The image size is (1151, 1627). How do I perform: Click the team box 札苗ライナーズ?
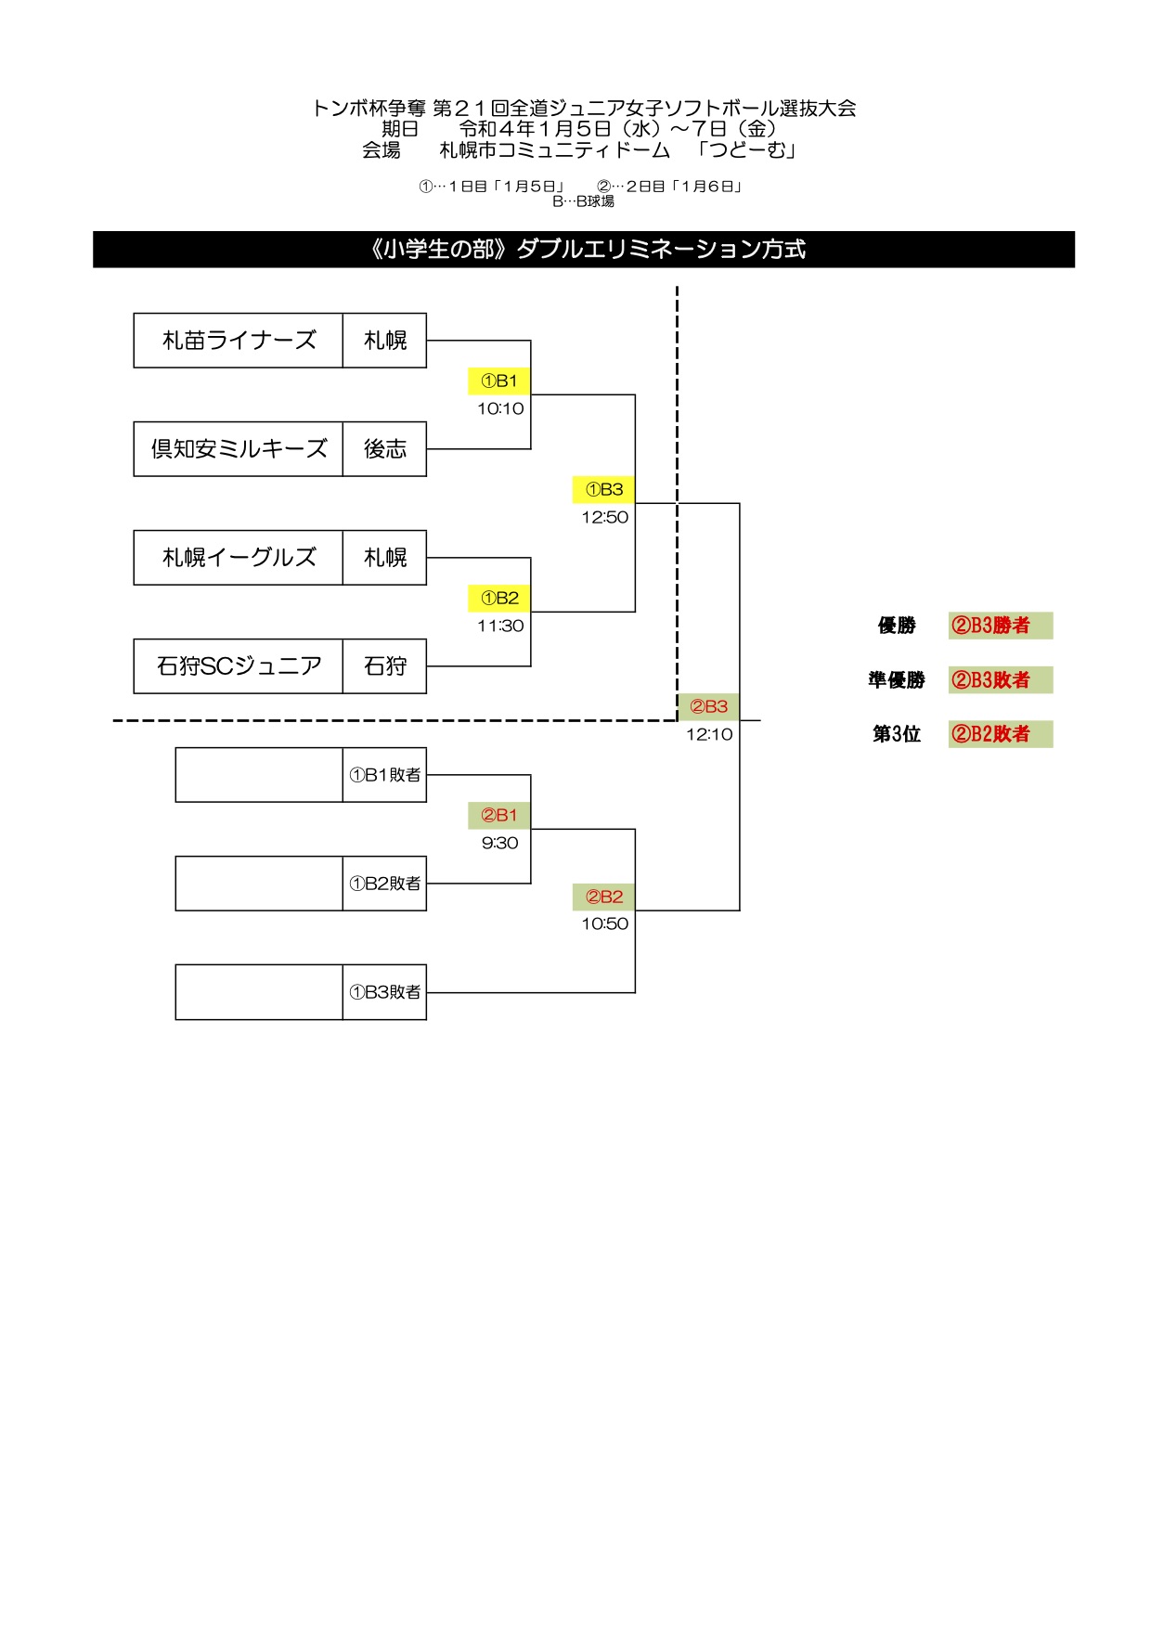click(x=239, y=341)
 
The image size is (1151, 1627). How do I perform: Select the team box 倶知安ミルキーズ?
click(x=239, y=449)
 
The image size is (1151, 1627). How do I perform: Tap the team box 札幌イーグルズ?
click(x=239, y=558)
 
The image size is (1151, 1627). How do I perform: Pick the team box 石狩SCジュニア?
click(x=239, y=666)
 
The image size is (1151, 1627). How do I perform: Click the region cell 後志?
click(x=385, y=449)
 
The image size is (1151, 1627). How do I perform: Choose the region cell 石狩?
click(x=385, y=666)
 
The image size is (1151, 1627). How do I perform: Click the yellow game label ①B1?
click(x=499, y=381)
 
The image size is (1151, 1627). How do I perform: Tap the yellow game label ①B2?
click(x=499, y=598)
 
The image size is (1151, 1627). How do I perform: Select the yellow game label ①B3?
click(x=604, y=489)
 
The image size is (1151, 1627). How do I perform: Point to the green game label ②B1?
click(x=499, y=815)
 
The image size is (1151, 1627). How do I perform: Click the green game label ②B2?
click(x=604, y=897)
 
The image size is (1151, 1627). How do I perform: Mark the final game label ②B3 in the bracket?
click(x=708, y=706)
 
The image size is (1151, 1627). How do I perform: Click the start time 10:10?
click(x=500, y=408)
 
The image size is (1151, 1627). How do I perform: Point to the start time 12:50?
click(x=604, y=517)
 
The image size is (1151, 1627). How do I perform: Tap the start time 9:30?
click(x=499, y=843)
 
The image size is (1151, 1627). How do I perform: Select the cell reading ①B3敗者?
click(x=385, y=992)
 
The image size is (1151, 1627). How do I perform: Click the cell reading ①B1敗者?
click(x=385, y=775)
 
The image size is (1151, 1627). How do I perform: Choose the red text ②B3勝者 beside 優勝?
click(x=991, y=626)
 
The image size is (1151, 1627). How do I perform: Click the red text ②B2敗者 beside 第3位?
click(x=991, y=734)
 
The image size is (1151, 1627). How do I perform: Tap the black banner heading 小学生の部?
click(x=584, y=250)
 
